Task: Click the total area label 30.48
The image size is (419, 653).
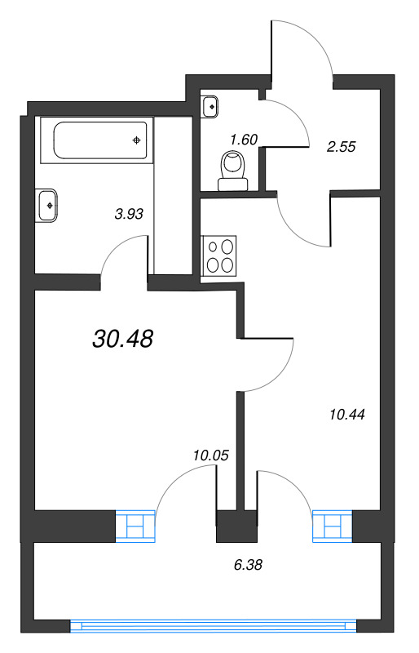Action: (x=123, y=339)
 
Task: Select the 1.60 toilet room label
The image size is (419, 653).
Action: (x=243, y=139)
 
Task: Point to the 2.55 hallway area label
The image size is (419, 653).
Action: (x=342, y=147)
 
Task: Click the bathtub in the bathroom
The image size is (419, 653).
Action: (x=100, y=140)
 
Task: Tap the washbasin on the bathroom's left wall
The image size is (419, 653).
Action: (x=46, y=205)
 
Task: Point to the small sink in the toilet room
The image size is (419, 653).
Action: (x=210, y=106)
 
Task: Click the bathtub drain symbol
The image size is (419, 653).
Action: (x=137, y=140)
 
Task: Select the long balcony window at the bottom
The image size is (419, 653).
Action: (x=214, y=626)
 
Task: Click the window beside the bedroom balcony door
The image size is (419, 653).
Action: (x=135, y=526)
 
